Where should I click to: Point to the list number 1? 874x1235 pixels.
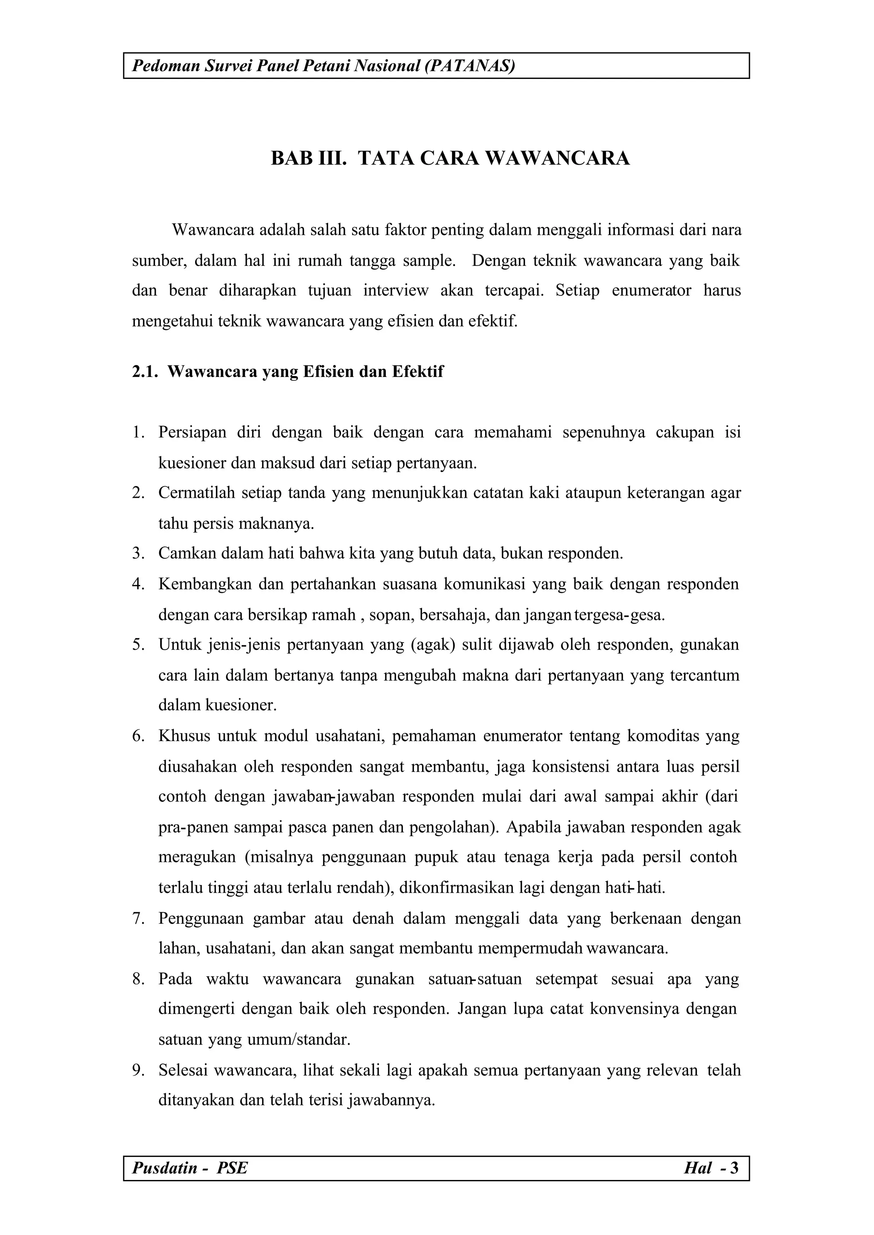pos(138,432)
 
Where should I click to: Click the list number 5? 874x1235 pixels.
pos(138,645)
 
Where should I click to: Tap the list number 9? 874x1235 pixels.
pos(138,1070)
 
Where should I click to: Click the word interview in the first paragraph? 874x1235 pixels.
pos(396,291)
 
